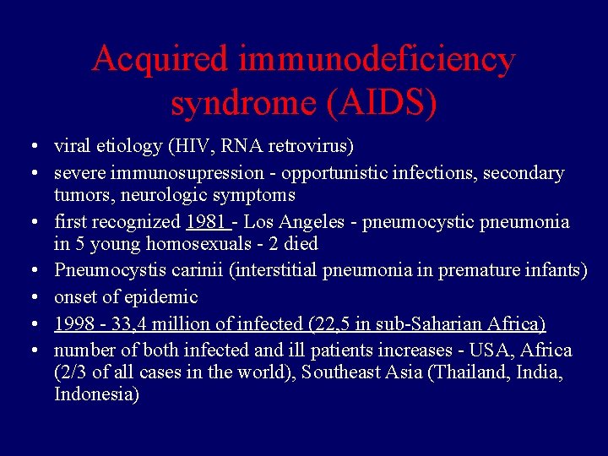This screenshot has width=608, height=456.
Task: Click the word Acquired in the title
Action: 160,60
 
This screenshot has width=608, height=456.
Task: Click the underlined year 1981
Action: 206,222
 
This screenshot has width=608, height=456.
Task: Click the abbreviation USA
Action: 491,350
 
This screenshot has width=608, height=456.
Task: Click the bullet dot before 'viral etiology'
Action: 30,147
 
